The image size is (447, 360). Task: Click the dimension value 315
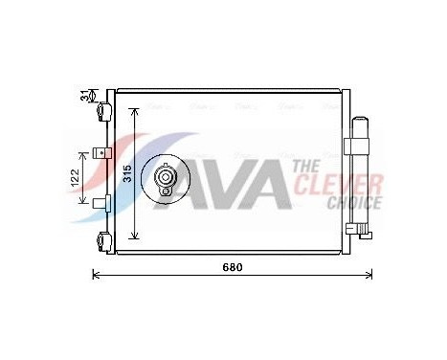pos(125,173)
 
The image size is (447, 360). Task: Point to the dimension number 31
pos(84,97)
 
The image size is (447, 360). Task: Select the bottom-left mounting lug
pos(101,242)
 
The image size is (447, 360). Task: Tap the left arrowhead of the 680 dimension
pos(94,276)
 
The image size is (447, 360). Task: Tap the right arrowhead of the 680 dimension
pos(370,276)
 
